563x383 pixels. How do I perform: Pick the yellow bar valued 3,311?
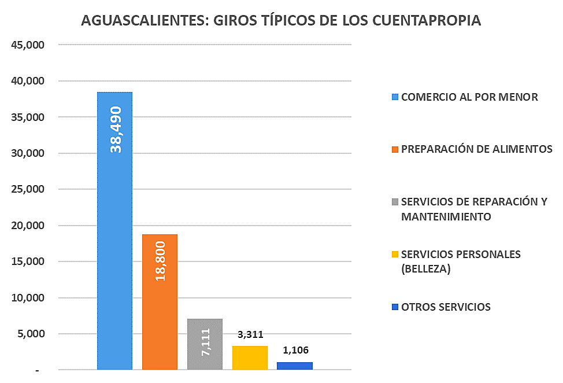coord(250,358)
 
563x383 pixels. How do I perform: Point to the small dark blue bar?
coord(295,366)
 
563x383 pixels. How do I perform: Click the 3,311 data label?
coord(250,335)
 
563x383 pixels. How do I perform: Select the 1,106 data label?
coord(295,350)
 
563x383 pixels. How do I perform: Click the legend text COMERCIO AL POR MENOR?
coord(469,97)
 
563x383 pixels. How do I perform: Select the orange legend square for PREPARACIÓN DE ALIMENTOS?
coord(395,149)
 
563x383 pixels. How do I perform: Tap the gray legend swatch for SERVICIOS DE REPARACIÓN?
coord(395,202)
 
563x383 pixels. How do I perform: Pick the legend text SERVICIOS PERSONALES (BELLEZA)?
coord(461,261)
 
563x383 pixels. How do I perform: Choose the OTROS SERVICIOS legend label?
coord(446,307)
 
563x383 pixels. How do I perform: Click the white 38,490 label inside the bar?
coord(116,129)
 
